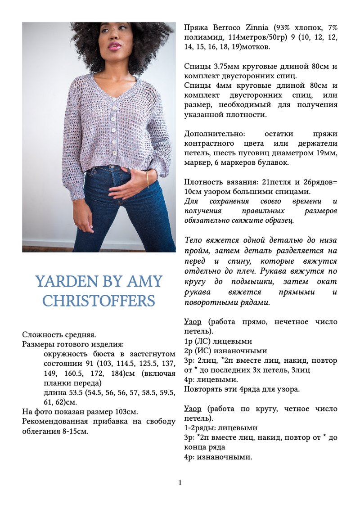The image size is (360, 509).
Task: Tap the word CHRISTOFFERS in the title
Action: click(x=99, y=301)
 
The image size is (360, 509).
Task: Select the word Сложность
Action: click(x=40, y=335)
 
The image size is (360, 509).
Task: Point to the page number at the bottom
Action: click(x=180, y=483)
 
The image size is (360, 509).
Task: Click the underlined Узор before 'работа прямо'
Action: click(x=193, y=322)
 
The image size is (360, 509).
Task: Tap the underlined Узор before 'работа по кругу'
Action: click(x=193, y=409)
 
